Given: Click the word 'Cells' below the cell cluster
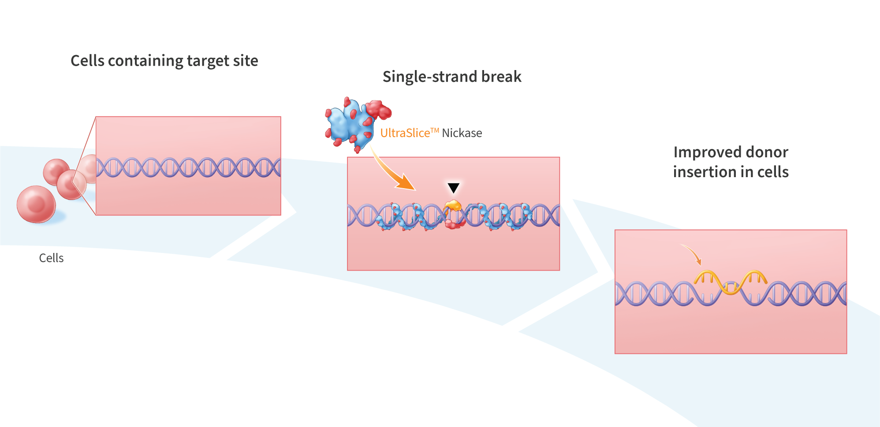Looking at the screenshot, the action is (51, 258).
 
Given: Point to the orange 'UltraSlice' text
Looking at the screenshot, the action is (405, 133).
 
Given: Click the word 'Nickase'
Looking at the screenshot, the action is (462, 133).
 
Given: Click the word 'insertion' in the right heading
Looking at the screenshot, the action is (704, 172).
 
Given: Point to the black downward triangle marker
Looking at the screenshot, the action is (453, 187).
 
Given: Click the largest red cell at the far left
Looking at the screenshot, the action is (36, 204).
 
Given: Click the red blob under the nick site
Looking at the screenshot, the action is (454, 224).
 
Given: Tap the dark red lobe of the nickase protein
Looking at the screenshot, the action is (378, 110).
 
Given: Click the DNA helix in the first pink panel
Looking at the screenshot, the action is (188, 167).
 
